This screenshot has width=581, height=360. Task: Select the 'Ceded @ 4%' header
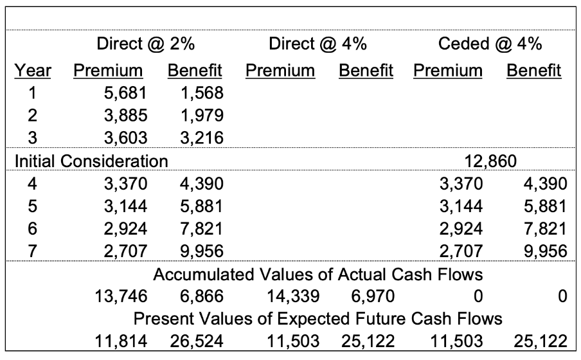490,44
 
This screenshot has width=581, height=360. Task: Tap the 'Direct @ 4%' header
317,44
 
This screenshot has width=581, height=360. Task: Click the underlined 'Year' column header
33,69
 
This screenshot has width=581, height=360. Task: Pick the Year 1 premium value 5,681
125,94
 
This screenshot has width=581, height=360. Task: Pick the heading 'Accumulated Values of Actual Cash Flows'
317,276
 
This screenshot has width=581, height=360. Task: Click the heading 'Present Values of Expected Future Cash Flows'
317,319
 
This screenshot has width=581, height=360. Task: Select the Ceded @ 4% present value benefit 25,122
541,341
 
